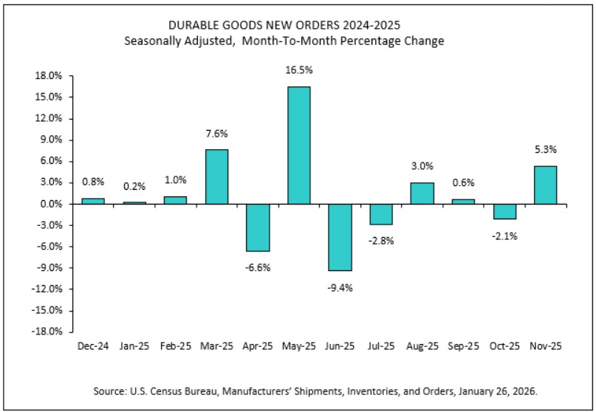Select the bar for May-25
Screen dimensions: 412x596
click(x=298, y=145)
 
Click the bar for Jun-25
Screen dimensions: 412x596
click(x=340, y=237)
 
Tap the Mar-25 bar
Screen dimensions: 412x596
click(x=216, y=176)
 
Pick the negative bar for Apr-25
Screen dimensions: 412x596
click(x=258, y=227)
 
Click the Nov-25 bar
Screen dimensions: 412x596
click(x=545, y=185)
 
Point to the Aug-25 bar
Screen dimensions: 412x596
click(x=422, y=193)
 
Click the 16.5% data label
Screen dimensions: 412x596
click(x=298, y=71)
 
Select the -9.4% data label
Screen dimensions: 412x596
click(x=340, y=287)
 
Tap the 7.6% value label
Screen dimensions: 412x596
click(x=216, y=134)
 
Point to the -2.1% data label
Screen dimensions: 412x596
click(x=504, y=236)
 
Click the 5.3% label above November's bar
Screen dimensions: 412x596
click(x=545, y=150)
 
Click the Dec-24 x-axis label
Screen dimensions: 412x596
click(x=93, y=346)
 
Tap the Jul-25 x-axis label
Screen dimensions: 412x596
click(x=381, y=346)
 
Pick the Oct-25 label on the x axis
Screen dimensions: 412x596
click(x=504, y=346)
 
